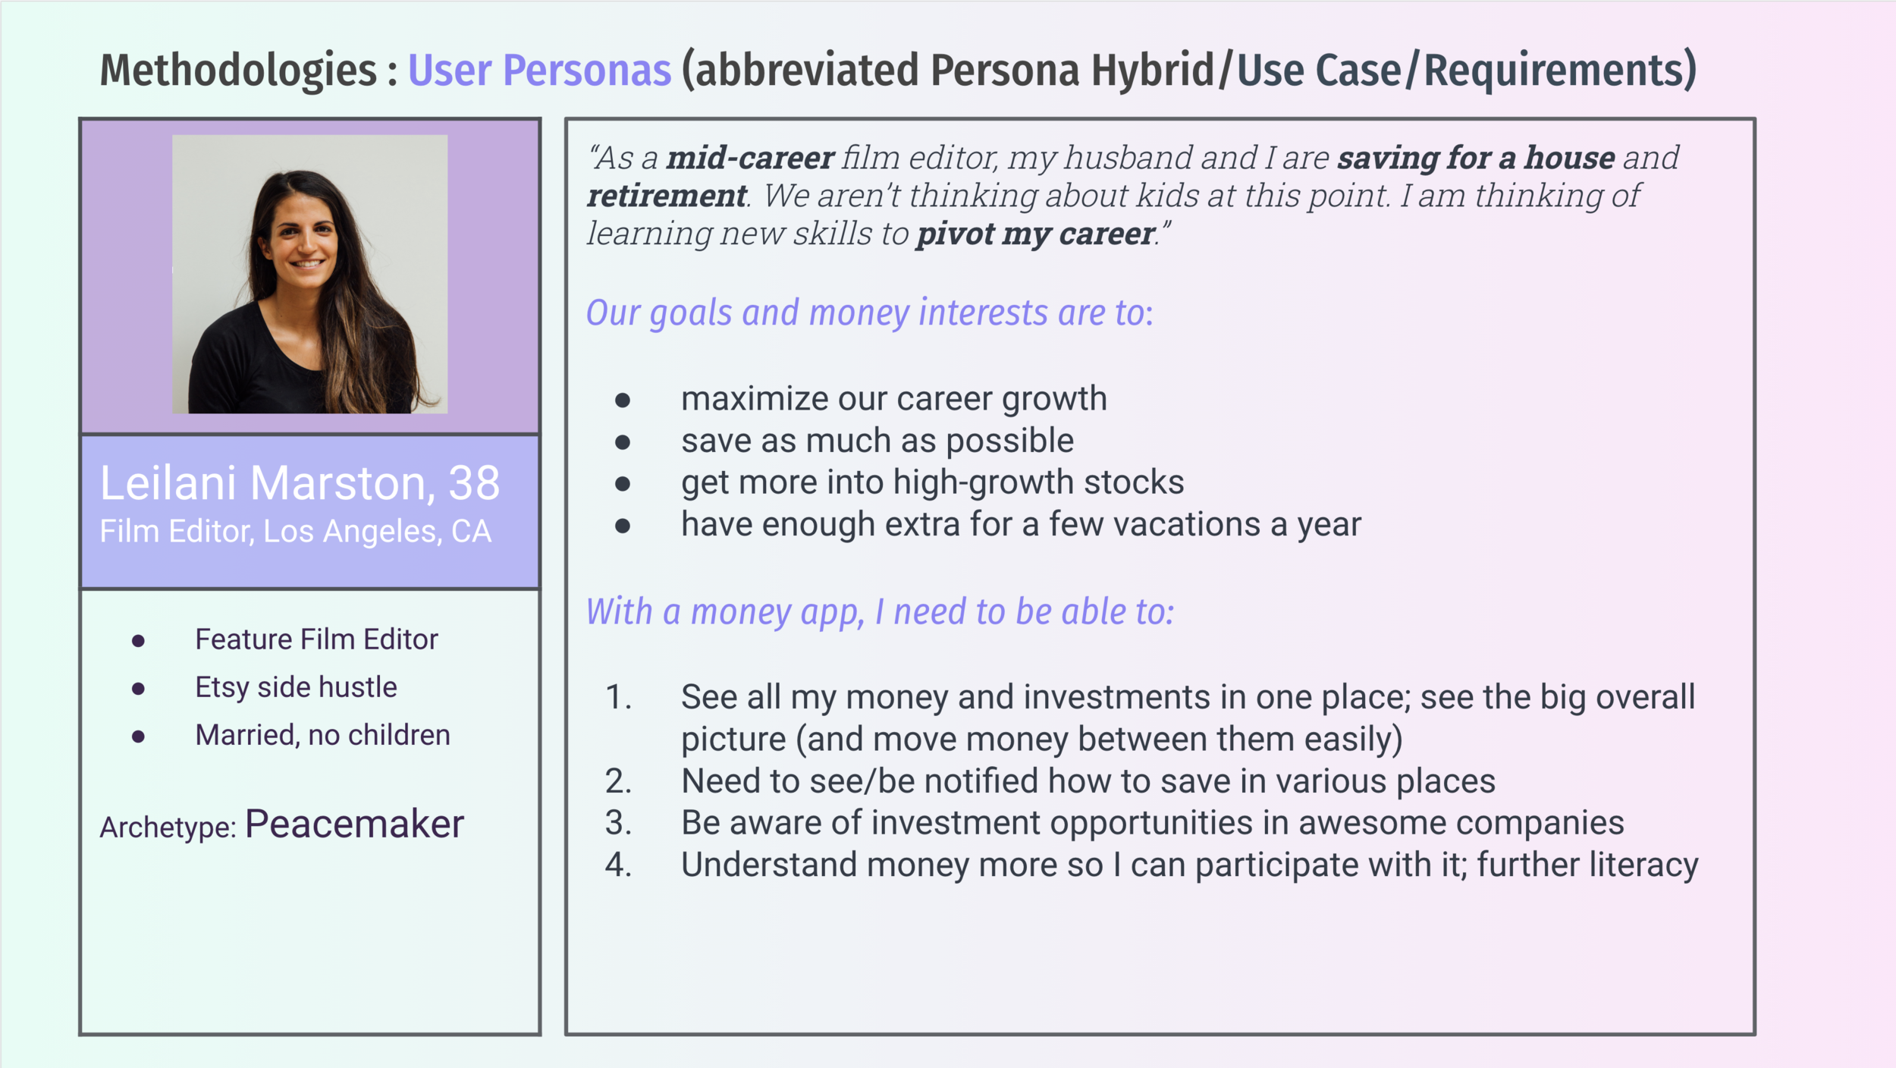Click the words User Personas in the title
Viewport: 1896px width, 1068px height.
pos(539,71)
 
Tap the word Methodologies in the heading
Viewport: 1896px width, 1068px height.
pos(238,71)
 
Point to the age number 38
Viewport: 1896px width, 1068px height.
pos(474,482)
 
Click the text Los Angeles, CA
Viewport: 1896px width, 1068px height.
pos(377,532)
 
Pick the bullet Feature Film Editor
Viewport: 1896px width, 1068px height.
pos(316,639)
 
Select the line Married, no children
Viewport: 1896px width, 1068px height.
pos(322,735)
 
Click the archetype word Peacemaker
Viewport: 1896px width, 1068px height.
pos(354,825)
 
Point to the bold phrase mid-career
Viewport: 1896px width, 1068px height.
pos(750,158)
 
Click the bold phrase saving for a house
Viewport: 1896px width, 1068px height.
pos(1476,158)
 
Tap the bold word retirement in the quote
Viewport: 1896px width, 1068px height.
pos(667,196)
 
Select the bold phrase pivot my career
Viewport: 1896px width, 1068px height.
pos(1035,234)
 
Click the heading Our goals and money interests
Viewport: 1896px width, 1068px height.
pos(869,313)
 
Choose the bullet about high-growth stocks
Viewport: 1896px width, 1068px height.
pos(932,482)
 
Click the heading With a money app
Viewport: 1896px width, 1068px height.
pos(880,611)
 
